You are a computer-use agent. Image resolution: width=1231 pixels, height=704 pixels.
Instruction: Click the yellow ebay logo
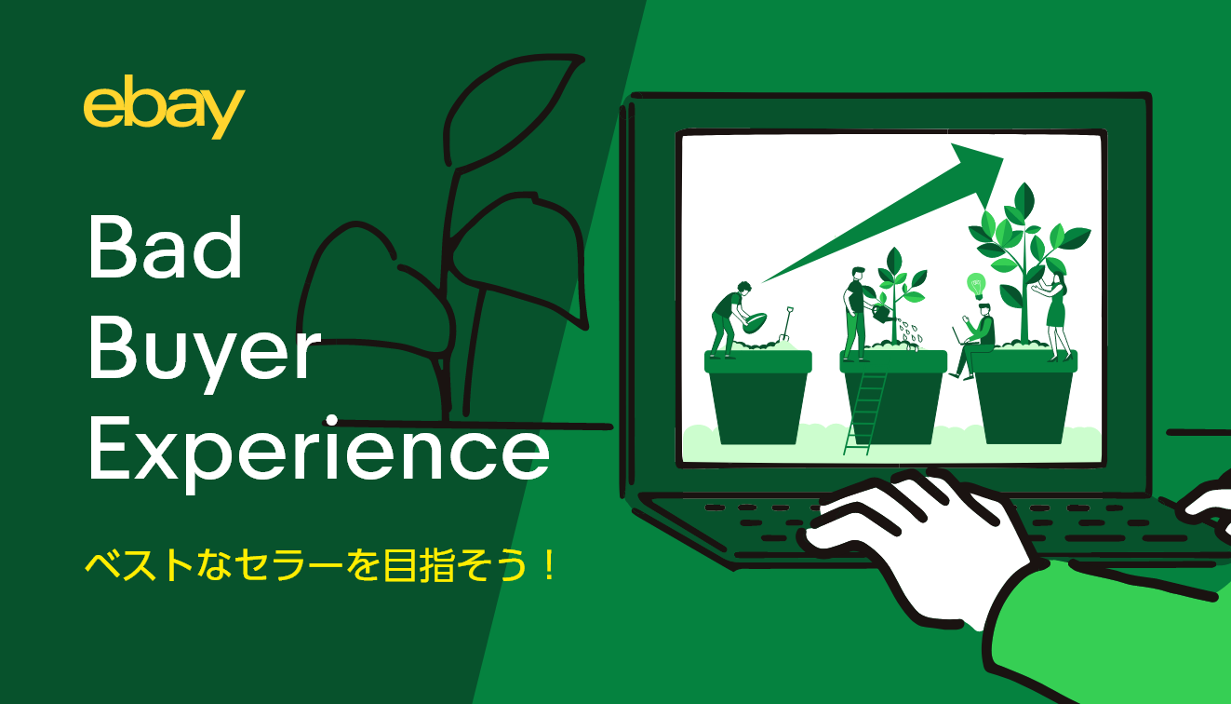click(164, 108)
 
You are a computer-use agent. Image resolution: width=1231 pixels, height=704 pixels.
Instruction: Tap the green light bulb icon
click(976, 286)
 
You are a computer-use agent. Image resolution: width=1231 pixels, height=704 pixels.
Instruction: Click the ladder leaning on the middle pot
click(865, 413)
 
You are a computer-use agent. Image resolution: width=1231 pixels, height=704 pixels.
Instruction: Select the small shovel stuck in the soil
click(786, 324)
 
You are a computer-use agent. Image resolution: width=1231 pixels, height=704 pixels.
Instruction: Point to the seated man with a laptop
click(974, 341)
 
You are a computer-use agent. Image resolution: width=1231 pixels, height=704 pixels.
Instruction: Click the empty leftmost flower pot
click(758, 396)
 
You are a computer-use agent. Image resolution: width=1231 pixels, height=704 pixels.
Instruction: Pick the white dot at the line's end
click(331, 422)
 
